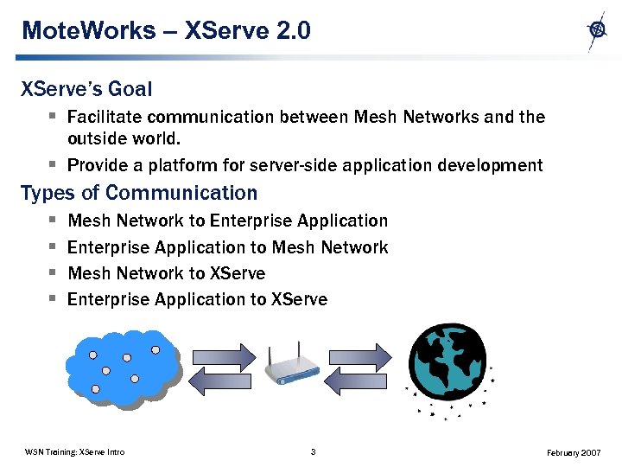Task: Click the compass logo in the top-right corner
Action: (597, 30)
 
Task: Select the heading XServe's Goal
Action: (86, 89)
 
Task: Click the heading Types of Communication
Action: (139, 193)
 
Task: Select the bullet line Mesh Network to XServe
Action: (166, 273)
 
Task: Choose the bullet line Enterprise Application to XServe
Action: (197, 299)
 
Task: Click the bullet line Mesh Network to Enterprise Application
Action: (227, 221)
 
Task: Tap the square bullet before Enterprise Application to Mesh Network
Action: (52, 247)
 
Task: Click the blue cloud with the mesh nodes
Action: (123, 368)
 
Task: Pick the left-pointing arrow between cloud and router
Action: (219, 381)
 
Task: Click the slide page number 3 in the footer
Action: (313, 451)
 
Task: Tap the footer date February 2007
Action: (575, 452)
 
